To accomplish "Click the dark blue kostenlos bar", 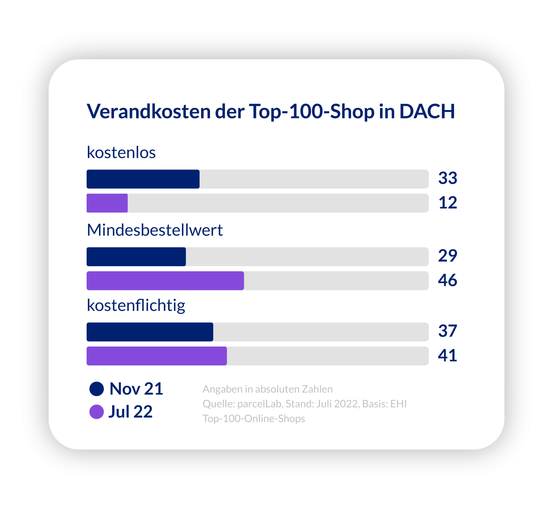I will [143, 179].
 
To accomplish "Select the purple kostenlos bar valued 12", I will [107, 203].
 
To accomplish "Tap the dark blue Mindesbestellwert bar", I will [136, 257].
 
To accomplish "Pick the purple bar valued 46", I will [165, 281].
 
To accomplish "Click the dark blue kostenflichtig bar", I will [150, 332].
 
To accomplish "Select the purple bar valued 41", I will [157, 356].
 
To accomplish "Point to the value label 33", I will [448, 178].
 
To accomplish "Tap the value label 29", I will [448, 256].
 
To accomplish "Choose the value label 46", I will [448, 280].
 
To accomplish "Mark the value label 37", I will [448, 331].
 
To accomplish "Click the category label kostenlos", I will [121, 152].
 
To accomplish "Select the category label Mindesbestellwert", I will [155, 230].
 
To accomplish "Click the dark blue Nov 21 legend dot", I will [96, 389].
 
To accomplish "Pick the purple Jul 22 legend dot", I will [96, 412].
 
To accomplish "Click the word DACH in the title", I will [427, 111].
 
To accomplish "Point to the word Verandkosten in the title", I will [149, 111].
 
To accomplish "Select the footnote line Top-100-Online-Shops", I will [254, 419].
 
